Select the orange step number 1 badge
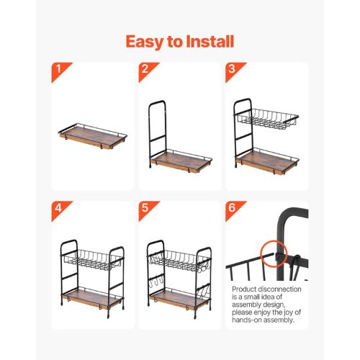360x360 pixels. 62,72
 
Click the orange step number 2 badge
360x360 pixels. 149,72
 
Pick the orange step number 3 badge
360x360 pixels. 235,72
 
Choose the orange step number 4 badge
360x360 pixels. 62,211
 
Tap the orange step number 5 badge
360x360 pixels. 149,211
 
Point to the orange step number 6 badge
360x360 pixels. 235,211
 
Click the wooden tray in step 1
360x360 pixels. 93,136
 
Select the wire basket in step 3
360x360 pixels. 268,119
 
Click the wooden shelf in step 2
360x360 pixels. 181,161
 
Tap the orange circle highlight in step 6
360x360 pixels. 274,254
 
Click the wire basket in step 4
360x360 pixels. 93,259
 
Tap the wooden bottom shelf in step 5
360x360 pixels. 179,299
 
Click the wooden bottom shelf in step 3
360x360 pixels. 267,161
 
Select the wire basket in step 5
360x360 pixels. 179,260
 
